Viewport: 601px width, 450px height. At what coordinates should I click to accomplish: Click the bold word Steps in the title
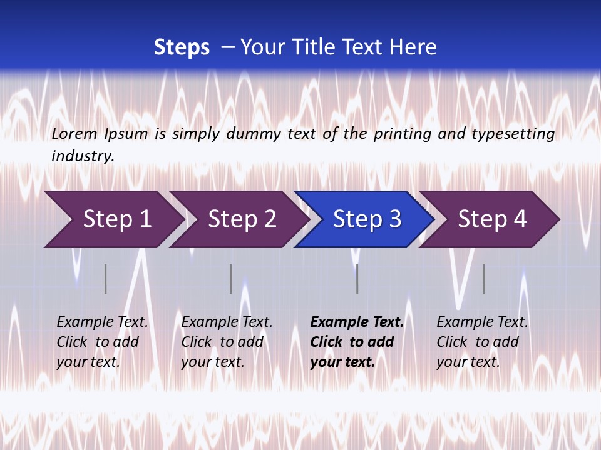pyautogui.click(x=182, y=47)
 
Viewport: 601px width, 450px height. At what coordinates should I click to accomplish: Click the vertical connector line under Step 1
pyautogui.click(x=106, y=279)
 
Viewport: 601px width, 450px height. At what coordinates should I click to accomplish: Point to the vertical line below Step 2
pyautogui.click(x=230, y=279)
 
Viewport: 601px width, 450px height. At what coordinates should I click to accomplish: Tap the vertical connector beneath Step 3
pyautogui.click(x=357, y=279)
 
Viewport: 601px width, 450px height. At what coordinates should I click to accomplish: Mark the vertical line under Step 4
pyautogui.click(x=483, y=279)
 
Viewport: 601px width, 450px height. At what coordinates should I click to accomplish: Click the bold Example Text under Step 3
pyautogui.click(x=357, y=322)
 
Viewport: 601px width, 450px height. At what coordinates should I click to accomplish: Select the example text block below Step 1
pyautogui.click(x=102, y=342)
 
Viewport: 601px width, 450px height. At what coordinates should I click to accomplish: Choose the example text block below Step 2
pyautogui.click(x=227, y=342)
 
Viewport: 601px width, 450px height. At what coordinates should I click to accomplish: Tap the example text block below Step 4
pyautogui.click(x=482, y=342)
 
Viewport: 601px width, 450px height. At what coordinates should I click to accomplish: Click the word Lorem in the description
pyautogui.click(x=74, y=134)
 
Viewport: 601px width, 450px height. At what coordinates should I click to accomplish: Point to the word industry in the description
pyautogui.click(x=82, y=156)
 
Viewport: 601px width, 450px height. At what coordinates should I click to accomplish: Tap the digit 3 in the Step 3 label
pyautogui.click(x=395, y=219)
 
